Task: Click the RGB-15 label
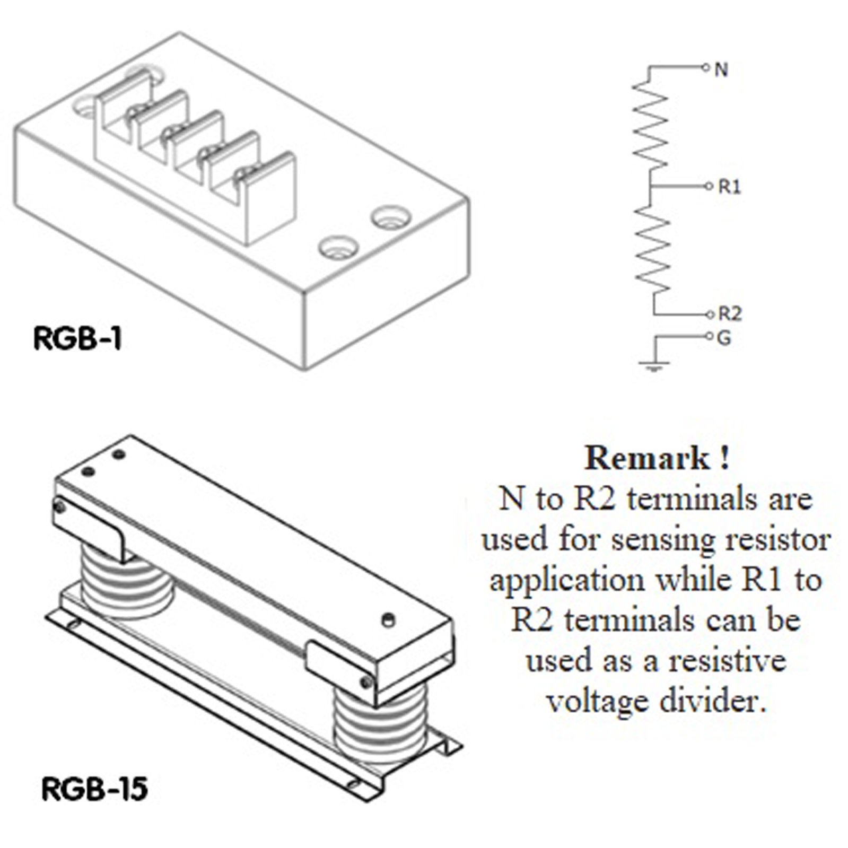point(94,790)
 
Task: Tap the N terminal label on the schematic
point(721,69)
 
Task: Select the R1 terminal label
point(729,187)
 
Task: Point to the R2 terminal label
point(730,314)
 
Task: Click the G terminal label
point(724,337)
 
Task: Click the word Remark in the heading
point(647,458)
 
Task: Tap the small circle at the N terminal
point(705,68)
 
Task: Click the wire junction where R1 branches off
point(652,186)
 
